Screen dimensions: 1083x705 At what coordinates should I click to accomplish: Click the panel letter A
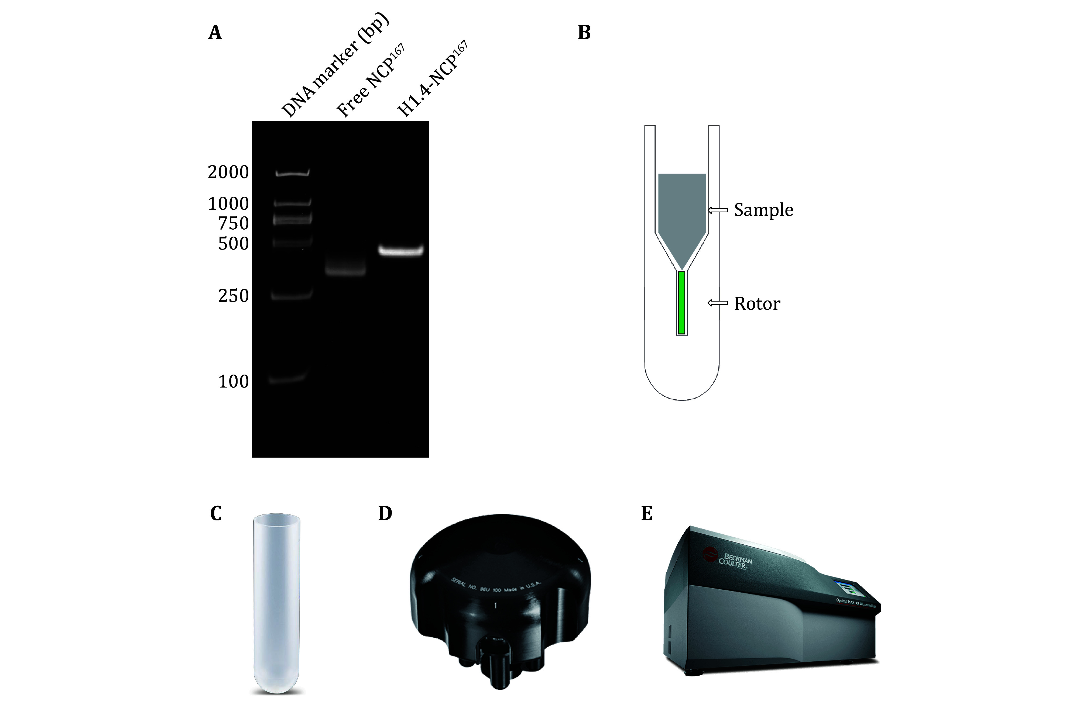click(215, 33)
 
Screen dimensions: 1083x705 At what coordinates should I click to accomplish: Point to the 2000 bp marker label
click(228, 172)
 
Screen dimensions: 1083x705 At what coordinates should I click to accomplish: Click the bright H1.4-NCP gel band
click(401, 250)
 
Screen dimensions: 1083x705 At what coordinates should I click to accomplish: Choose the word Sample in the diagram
click(763, 210)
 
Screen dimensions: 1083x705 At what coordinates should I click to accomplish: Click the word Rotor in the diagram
click(757, 303)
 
